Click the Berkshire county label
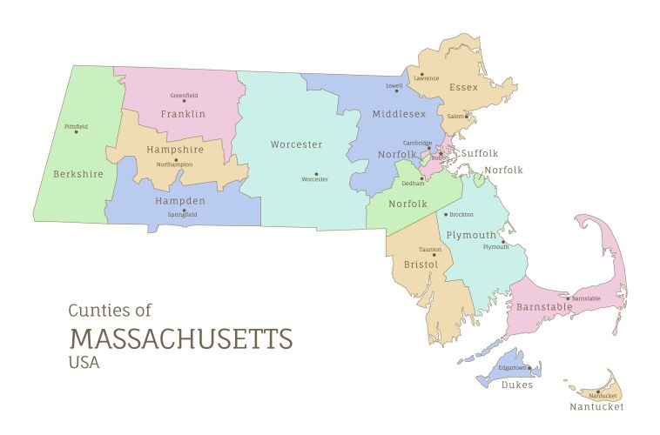(x=78, y=174)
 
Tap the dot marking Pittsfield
(x=77, y=133)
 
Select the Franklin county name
(x=183, y=114)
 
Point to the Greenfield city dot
(x=184, y=101)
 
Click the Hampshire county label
(x=174, y=150)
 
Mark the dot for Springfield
(x=183, y=209)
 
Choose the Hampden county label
(x=180, y=201)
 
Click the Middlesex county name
(x=399, y=114)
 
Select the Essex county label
(x=463, y=87)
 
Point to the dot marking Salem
(x=467, y=116)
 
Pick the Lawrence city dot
(x=421, y=73)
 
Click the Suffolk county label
(x=480, y=153)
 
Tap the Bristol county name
(x=421, y=264)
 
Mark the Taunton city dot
(x=433, y=255)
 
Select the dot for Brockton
(x=446, y=214)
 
